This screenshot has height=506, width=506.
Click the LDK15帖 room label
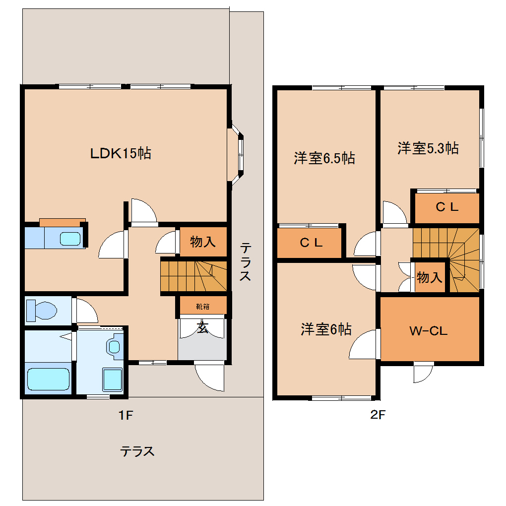[x=121, y=153]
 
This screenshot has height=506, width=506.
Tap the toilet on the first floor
[x=42, y=311]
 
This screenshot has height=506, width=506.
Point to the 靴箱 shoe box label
[x=202, y=306]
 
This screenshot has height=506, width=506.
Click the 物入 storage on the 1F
[x=203, y=242]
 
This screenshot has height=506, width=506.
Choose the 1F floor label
[x=126, y=416]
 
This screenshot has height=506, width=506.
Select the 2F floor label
[x=378, y=416]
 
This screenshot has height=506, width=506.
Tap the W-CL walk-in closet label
[x=429, y=331]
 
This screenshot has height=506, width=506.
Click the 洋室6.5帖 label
[x=324, y=159]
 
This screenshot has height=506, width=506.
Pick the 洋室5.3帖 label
[x=428, y=148]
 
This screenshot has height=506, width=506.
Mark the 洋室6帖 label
[x=326, y=329]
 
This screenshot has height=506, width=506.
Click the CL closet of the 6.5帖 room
[x=311, y=243]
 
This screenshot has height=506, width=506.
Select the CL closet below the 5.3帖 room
[x=446, y=208]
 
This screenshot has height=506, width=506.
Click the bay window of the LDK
[x=238, y=154]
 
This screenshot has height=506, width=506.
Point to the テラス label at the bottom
[x=137, y=451]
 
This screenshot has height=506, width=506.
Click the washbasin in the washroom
[x=115, y=346]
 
